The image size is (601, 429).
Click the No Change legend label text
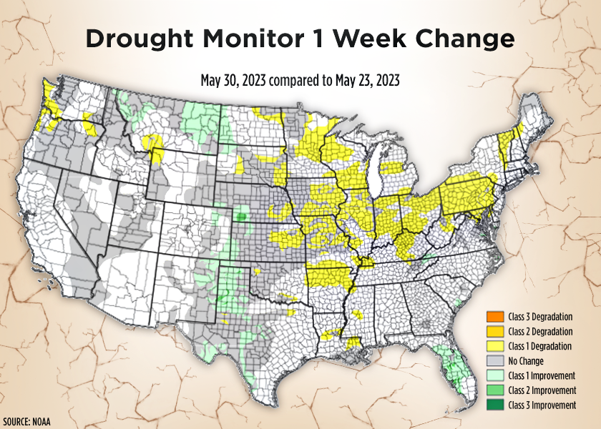tap(526, 361)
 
